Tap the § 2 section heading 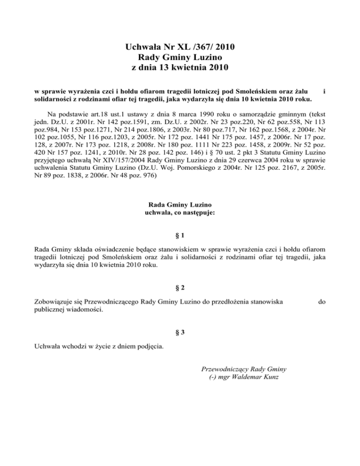pyautogui.click(x=180, y=287)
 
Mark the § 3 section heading pyautogui.click(x=180, y=332)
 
